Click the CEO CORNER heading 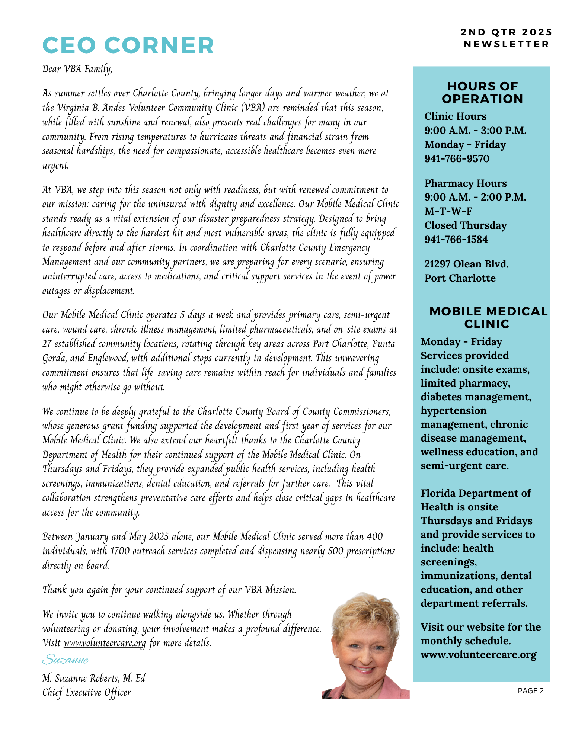[128, 45]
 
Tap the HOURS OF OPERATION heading [482, 93]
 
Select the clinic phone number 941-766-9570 [457, 159]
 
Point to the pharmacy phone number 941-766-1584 [456, 240]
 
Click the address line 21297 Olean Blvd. [466, 264]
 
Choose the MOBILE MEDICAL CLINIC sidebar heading [488, 318]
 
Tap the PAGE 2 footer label [530, 691]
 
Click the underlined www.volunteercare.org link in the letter [104, 643]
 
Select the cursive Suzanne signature [66, 660]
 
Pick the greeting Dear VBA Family [77, 70]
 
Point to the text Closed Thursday [465, 225]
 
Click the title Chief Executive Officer [87, 692]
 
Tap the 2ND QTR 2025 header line [506, 32]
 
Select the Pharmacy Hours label [466, 183]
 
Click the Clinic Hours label [455, 116]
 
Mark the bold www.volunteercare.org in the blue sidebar [479, 655]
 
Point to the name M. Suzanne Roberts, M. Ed [94, 678]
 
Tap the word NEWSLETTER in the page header [506, 44]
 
